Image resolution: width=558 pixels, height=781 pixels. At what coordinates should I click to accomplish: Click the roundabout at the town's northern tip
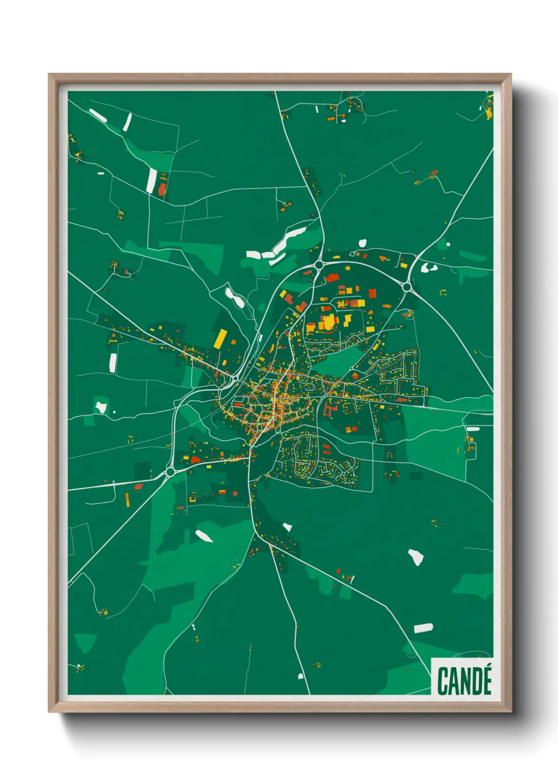319,264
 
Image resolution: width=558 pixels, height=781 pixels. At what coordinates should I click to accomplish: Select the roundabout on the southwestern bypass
170,472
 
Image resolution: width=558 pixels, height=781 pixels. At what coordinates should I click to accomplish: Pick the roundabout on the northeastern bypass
407,287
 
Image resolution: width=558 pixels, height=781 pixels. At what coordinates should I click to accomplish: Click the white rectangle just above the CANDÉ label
423,628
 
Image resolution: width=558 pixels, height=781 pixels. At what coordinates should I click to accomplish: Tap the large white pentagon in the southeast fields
416,557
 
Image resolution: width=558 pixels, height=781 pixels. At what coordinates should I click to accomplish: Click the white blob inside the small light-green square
100,407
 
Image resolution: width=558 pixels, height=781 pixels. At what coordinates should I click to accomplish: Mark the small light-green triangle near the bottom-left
84,643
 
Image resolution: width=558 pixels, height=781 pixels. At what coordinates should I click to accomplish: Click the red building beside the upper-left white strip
162,188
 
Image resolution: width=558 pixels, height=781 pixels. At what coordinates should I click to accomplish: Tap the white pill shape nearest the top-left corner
98,116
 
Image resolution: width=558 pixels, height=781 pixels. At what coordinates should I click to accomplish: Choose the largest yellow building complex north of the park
328,322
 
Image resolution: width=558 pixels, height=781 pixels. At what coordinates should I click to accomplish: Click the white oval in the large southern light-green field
204,536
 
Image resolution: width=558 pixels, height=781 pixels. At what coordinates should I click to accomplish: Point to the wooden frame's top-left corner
50,75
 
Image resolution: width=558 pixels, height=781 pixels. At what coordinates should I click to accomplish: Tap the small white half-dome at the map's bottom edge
301,676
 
